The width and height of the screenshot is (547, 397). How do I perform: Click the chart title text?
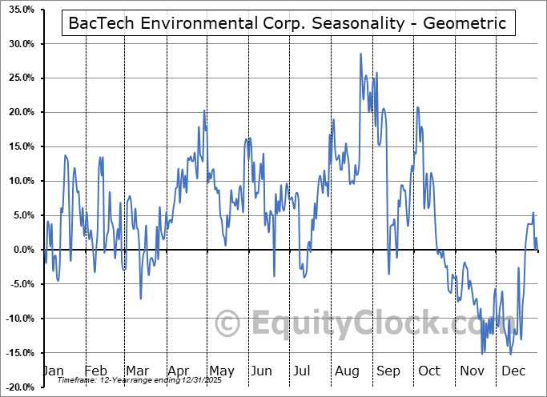pyautogui.click(x=288, y=23)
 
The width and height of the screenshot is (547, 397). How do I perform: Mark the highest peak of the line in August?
pyautogui.click(x=360, y=54)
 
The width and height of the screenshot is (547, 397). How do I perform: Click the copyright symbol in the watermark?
pyautogui.click(x=227, y=323)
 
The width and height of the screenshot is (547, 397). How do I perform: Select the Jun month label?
pyautogui.click(x=261, y=371)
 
